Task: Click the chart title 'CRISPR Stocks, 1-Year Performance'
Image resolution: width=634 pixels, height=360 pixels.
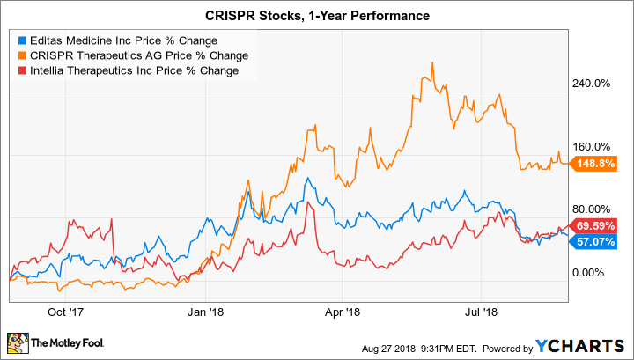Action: click(317, 16)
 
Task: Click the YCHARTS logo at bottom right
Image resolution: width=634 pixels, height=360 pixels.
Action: click(590, 342)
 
